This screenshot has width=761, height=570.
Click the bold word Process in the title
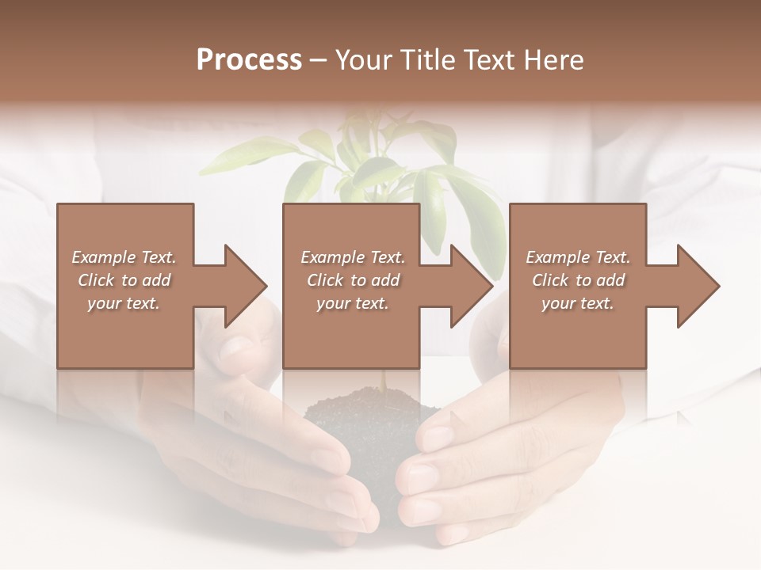pos(249,59)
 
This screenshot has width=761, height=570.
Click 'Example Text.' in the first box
pos(124,257)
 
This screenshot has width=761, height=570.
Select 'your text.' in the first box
pos(124,303)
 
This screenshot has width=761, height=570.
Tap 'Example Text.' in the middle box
pos(353,257)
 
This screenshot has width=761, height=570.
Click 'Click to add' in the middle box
pos(353,280)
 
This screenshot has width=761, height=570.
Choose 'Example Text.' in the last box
pos(578,257)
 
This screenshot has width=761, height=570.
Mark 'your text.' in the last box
pos(578,303)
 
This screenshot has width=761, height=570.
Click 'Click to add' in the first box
pos(124,280)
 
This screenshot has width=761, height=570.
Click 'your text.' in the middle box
pos(353,303)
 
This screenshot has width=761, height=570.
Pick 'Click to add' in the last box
pos(578,280)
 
